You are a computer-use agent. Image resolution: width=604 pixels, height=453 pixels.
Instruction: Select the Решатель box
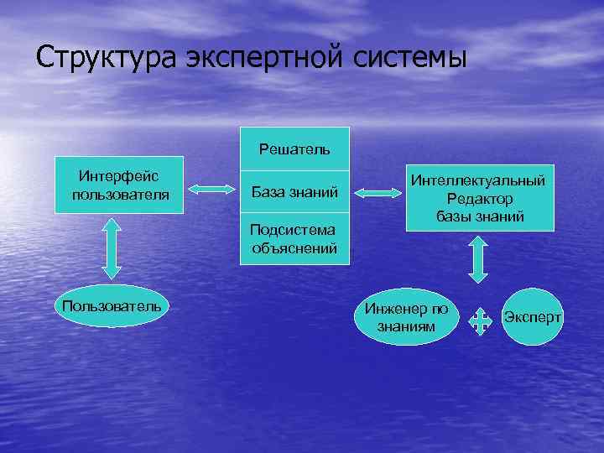(294, 149)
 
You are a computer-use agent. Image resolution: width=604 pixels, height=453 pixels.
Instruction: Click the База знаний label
(294, 194)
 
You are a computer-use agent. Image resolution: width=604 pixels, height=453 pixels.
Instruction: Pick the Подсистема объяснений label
(294, 238)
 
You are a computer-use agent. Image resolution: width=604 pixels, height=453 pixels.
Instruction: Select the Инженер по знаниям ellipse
(407, 316)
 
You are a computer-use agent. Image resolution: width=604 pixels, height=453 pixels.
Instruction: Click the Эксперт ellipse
(533, 317)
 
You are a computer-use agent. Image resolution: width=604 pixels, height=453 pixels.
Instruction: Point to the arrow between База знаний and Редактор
(380, 194)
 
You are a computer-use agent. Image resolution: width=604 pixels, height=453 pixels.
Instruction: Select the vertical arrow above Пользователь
(111, 248)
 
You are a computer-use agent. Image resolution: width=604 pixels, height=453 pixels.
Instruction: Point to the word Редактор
(481, 198)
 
